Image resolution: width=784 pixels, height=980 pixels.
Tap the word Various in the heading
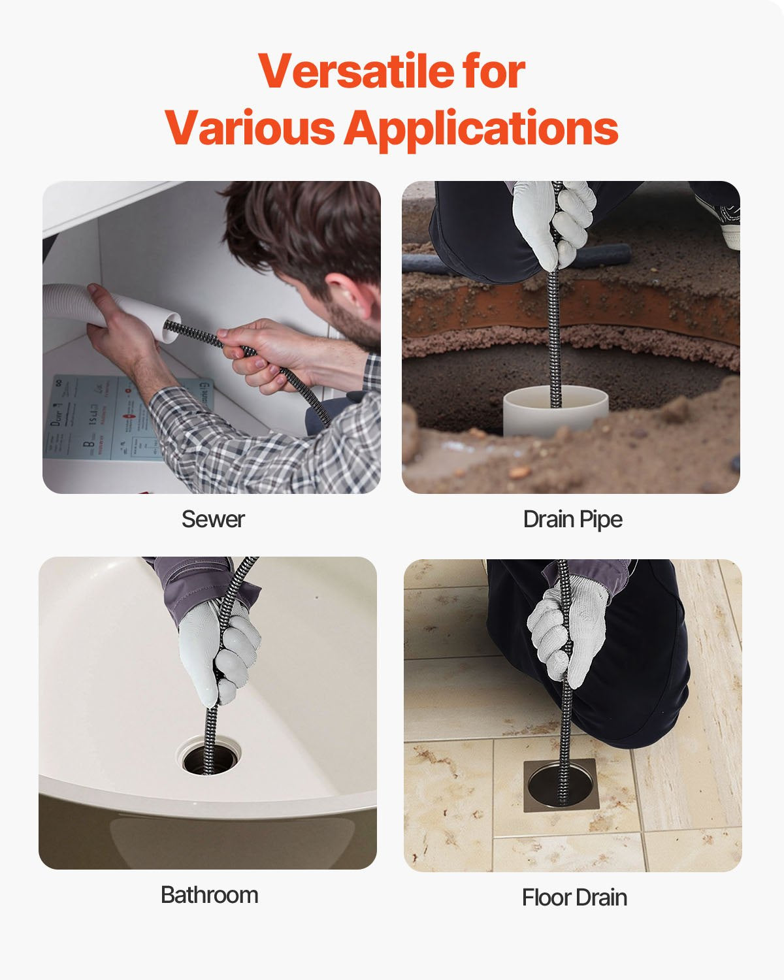pyautogui.click(x=250, y=128)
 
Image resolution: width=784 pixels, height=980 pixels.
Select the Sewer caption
pyautogui.click(x=213, y=519)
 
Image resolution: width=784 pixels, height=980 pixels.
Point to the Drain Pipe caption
pyautogui.click(x=572, y=519)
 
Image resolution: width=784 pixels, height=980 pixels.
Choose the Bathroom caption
pyautogui.click(x=209, y=894)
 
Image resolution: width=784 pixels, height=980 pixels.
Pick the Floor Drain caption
pyautogui.click(x=574, y=898)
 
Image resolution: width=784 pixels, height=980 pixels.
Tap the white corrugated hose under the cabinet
pyautogui.click(x=72, y=304)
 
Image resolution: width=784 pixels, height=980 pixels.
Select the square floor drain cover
pyautogui.click(x=560, y=784)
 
